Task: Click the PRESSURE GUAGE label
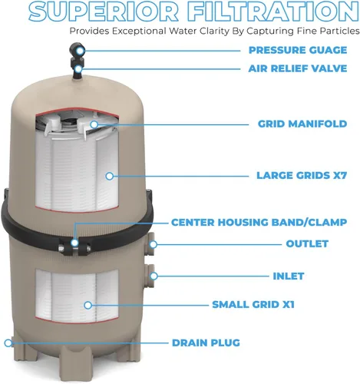coord(298,50)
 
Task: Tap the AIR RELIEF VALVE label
coord(298,68)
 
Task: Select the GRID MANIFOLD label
coord(302,124)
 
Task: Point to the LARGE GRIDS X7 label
coord(302,176)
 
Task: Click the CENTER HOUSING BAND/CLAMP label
coord(259,223)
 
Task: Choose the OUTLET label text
coord(307,243)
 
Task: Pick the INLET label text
coord(289,276)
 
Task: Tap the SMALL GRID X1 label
coord(253,305)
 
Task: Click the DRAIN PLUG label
coord(206,343)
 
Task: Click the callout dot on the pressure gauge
coord(81,51)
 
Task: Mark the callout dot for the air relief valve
coord(79,69)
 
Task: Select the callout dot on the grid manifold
coord(94,124)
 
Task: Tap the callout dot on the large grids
coord(110,176)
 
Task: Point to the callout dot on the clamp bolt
coord(74,243)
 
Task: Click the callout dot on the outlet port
coord(154,244)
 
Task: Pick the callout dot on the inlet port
coord(154,276)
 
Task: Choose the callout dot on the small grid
coord(88,305)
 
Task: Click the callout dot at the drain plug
coord(8,343)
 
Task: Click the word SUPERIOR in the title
coord(103,12)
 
